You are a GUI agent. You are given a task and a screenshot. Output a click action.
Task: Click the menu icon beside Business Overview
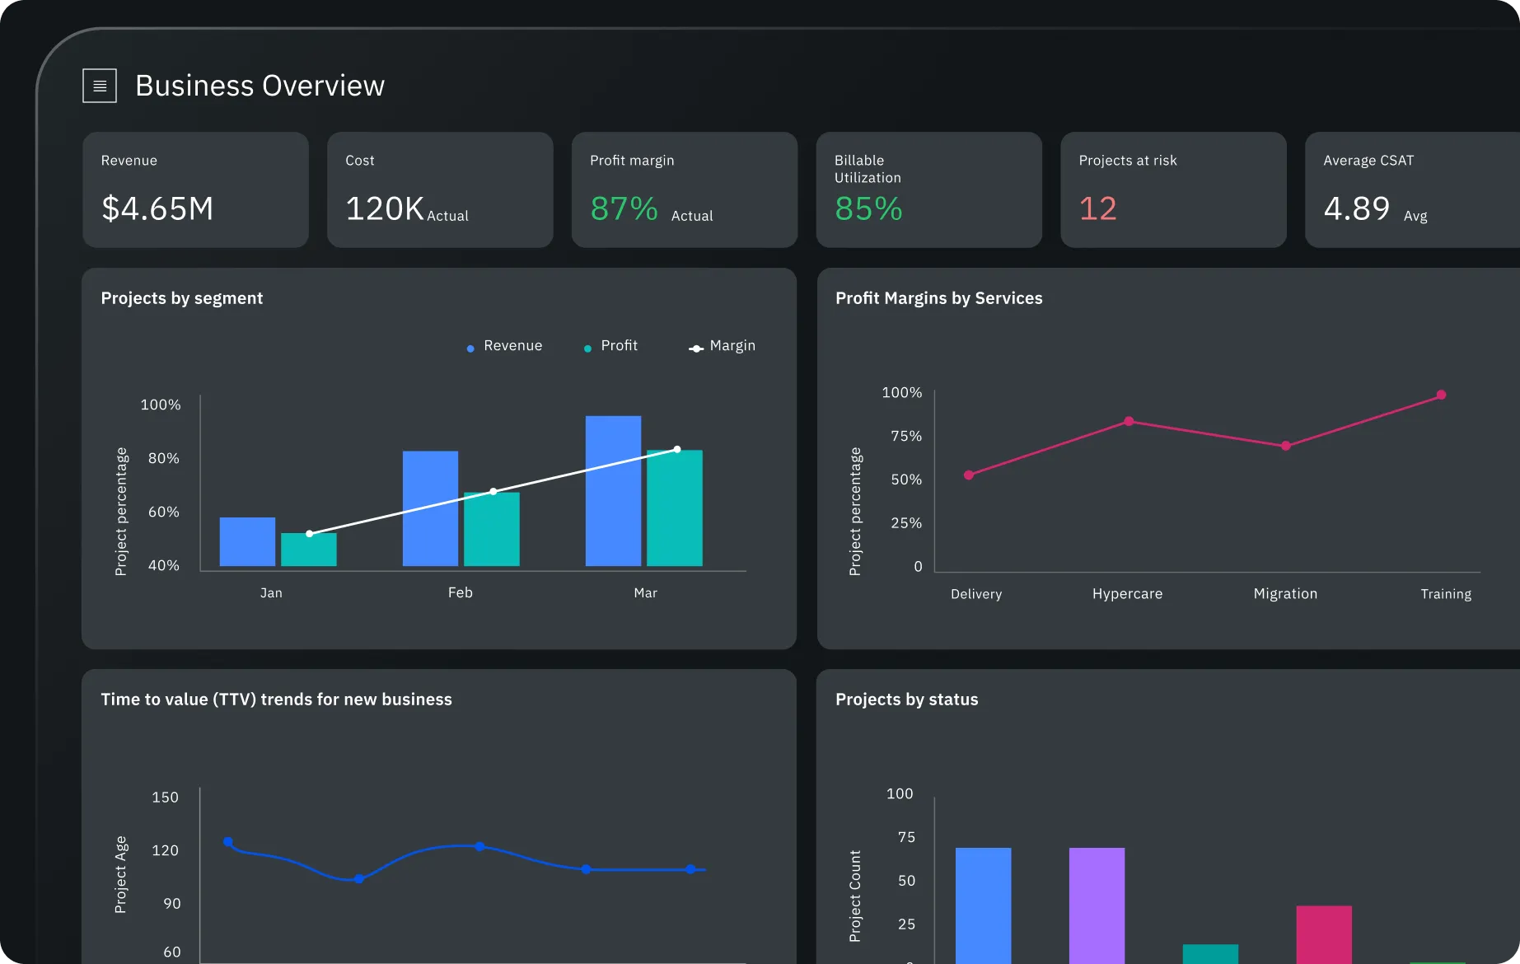click(100, 86)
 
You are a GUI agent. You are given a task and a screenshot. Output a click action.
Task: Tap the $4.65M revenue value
click(157, 208)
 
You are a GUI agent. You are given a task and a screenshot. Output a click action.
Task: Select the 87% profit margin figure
click(624, 208)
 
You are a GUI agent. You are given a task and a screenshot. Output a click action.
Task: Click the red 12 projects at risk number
click(1097, 208)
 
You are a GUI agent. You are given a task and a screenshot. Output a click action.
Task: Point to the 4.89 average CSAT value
click(1356, 208)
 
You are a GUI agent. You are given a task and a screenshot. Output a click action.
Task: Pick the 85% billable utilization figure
click(868, 208)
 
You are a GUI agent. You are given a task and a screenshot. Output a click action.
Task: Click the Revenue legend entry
click(504, 346)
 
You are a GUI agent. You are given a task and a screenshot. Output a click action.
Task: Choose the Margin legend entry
click(723, 346)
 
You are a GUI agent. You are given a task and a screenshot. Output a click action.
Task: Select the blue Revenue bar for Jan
click(247, 541)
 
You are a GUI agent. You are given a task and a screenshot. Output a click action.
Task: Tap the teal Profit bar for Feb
click(492, 530)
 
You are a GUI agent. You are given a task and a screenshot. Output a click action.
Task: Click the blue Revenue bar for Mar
click(613, 491)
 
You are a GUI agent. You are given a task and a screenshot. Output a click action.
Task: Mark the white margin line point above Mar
click(677, 449)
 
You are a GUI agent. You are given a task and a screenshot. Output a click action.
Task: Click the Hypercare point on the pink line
click(1129, 421)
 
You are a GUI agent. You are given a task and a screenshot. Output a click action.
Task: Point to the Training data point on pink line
click(1441, 395)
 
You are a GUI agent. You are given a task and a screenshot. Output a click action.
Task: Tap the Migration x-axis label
click(1285, 594)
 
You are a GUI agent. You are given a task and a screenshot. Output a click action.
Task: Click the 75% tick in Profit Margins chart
click(906, 436)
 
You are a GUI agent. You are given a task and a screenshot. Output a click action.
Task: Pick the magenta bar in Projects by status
click(1324, 934)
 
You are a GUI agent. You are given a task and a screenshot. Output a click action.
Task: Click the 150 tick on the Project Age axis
click(165, 798)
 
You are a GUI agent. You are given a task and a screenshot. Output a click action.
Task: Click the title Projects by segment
click(182, 298)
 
